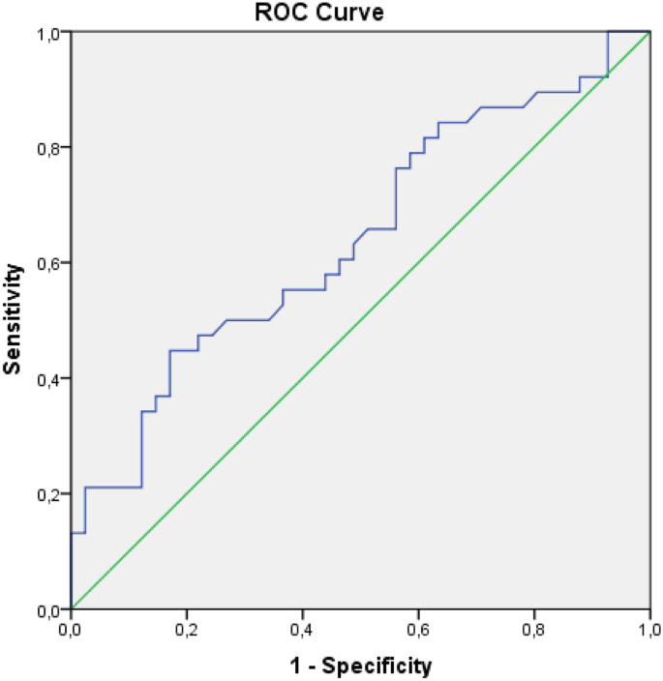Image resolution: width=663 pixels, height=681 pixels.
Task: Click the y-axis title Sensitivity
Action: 14,321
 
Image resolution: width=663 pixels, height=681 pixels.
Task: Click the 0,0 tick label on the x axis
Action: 71,630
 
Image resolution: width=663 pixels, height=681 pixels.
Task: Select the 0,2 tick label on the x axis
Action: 187,630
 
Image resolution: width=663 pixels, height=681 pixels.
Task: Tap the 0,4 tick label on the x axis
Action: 302,630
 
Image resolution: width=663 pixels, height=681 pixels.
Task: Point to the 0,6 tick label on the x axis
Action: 418,630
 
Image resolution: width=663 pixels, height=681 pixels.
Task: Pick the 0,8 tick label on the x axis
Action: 533,630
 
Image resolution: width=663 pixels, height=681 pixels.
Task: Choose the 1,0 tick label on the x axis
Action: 648,630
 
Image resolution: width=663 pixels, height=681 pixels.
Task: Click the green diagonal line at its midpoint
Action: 360,320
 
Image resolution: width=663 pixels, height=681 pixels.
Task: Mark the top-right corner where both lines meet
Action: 649,32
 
